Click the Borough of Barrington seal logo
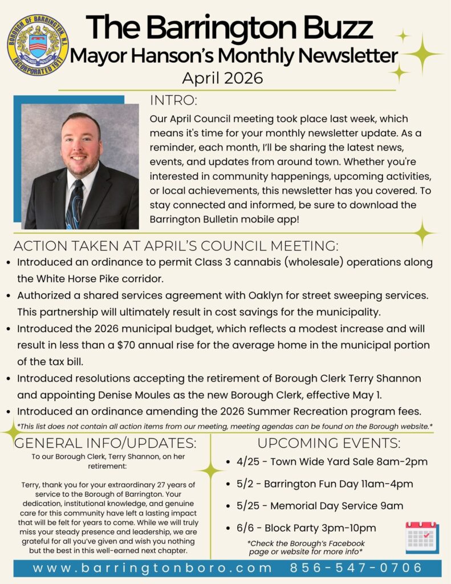[38, 46]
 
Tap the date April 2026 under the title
[222, 78]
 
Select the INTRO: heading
[173, 101]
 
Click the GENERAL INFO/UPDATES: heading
[105, 443]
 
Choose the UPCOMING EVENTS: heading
[329, 443]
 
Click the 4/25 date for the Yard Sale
[249, 461]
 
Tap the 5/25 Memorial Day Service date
[249, 506]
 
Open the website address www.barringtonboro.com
[152, 568]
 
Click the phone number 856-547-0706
[356, 568]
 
